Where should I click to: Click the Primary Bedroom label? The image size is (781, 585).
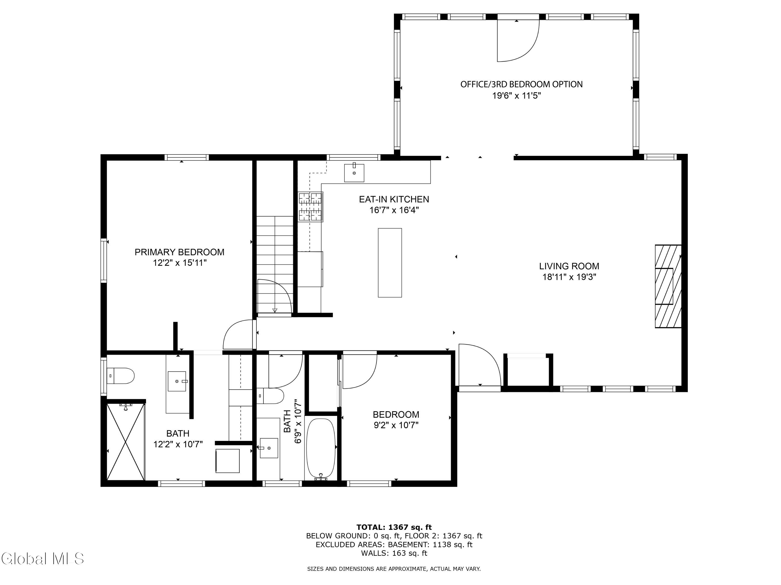coord(179,252)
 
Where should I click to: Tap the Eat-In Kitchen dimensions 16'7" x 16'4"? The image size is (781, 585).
coord(394,210)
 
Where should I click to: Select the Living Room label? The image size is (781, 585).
coord(569,266)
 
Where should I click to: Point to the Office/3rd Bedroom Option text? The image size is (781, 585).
coord(521,84)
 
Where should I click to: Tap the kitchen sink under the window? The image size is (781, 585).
coord(354,173)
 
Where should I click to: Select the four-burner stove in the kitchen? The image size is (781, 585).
coord(310,207)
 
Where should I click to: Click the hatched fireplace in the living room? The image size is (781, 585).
coord(668,286)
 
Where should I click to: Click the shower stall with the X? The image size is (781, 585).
coord(126,441)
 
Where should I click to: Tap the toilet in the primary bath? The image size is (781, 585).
coord(121,376)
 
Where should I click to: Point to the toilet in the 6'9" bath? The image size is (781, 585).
coord(270,396)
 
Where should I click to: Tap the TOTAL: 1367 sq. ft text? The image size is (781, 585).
coord(394,527)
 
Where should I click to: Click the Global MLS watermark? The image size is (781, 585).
coord(43,558)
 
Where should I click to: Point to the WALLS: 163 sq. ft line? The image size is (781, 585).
coord(394,553)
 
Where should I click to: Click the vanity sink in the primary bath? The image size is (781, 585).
coord(177,381)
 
